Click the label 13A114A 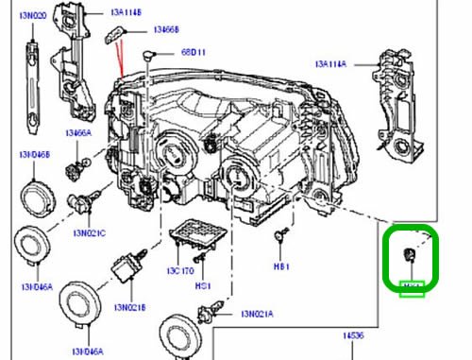point(331,63)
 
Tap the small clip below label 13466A point(74,171)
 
